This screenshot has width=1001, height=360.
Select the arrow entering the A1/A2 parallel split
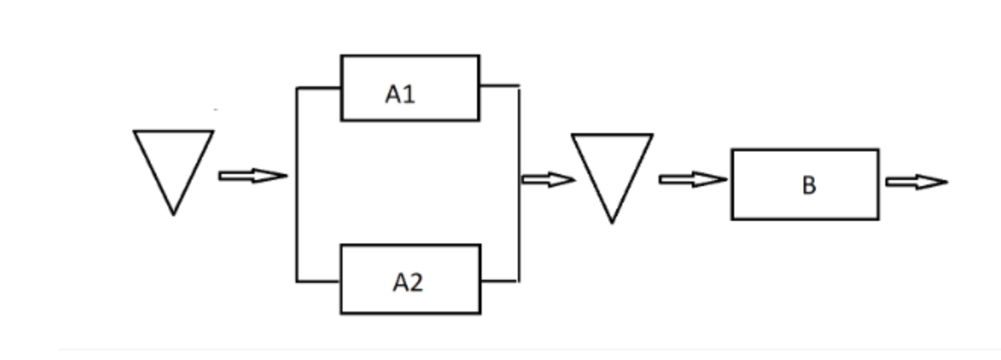tap(253, 176)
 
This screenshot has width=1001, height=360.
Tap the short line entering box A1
tap(319, 88)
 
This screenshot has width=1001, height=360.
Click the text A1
tap(400, 94)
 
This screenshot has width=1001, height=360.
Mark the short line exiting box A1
tap(499, 85)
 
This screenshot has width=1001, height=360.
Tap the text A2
tap(408, 283)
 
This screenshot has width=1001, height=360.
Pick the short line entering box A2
tap(318, 281)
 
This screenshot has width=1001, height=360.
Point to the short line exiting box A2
tap(499, 281)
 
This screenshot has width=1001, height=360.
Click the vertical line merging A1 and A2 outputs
tap(519, 227)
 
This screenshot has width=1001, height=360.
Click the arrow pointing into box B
tap(693, 180)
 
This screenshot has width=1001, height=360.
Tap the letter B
tap(808, 185)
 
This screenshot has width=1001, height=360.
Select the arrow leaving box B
tap(916, 182)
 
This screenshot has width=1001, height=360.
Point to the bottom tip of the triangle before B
tap(612, 222)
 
